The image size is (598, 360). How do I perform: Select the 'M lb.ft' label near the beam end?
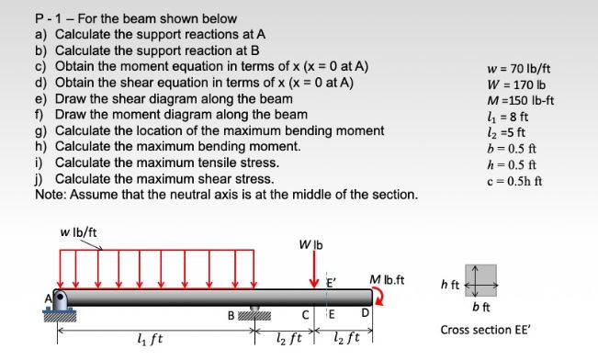tap(387, 278)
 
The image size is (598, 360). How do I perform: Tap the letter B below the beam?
tap(231, 317)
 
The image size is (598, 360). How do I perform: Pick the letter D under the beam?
tap(365, 317)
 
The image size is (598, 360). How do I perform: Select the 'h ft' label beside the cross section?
tap(452, 281)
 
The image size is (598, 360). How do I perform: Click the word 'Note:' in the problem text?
tap(52, 196)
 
